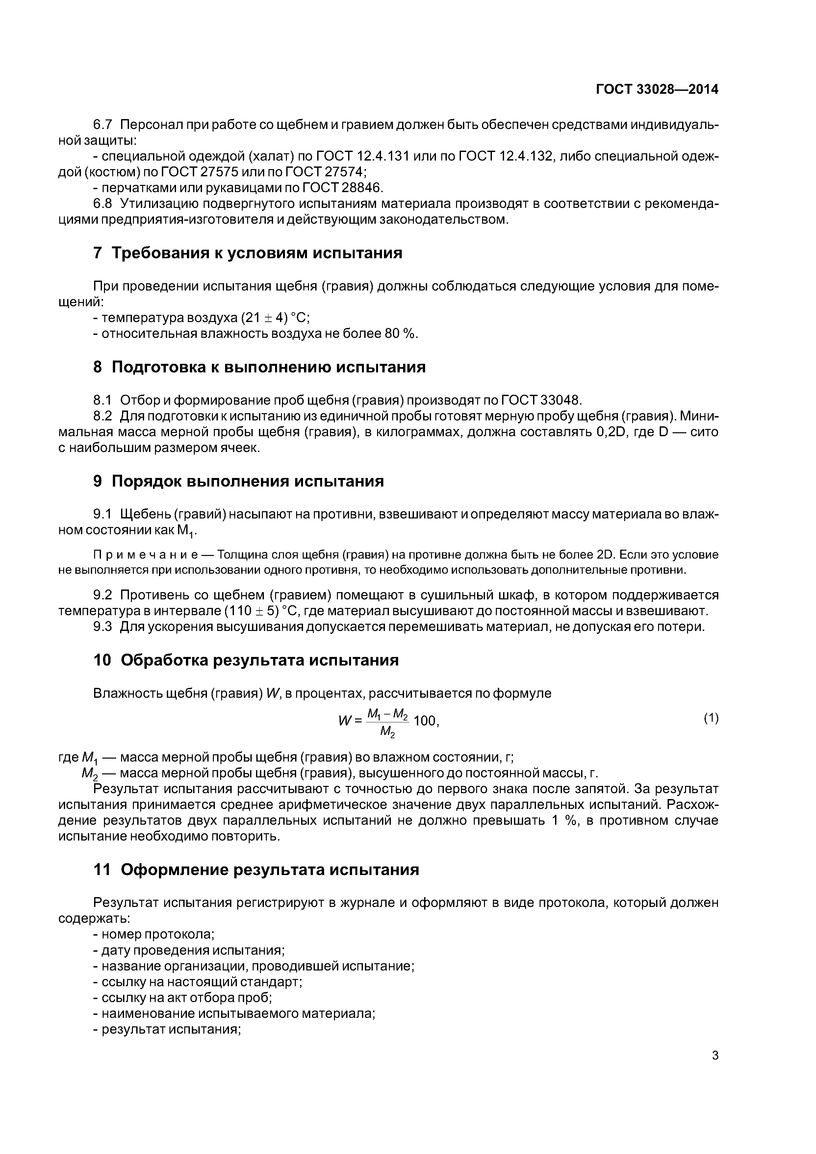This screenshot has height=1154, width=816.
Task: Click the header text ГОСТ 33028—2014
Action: tap(657, 89)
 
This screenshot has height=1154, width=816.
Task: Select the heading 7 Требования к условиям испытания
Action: tap(247, 253)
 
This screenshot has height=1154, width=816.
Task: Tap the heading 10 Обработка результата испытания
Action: tap(246, 660)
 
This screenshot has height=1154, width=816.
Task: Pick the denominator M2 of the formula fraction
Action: tap(387, 733)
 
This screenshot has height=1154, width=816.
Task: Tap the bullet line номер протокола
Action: tap(154, 934)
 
